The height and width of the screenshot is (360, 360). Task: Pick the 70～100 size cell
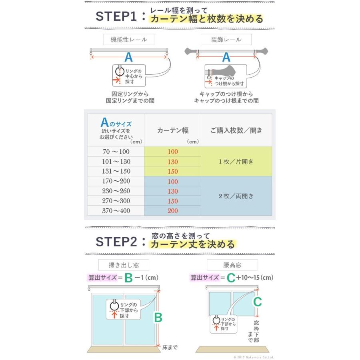pyautogui.click(x=116, y=152)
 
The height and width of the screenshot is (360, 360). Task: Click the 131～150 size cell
pyautogui.click(x=116, y=171)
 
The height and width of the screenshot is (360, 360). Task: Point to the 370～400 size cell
pyautogui.click(x=116, y=211)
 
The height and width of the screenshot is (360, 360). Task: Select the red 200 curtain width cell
pyautogui.click(x=172, y=211)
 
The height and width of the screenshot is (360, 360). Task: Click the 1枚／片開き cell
pyautogui.click(x=236, y=162)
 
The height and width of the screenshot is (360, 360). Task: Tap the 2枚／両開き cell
pyautogui.click(x=236, y=196)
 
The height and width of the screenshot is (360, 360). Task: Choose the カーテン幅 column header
pyautogui.click(x=172, y=130)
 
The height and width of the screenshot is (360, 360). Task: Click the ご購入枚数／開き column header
pyautogui.click(x=236, y=130)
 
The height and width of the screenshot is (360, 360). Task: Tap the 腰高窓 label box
pyautogui.click(x=232, y=265)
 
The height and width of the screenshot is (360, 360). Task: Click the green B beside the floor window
pyautogui.click(x=158, y=318)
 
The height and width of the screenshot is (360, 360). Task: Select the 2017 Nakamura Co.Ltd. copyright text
pyautogui.click(x=254, y=357)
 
